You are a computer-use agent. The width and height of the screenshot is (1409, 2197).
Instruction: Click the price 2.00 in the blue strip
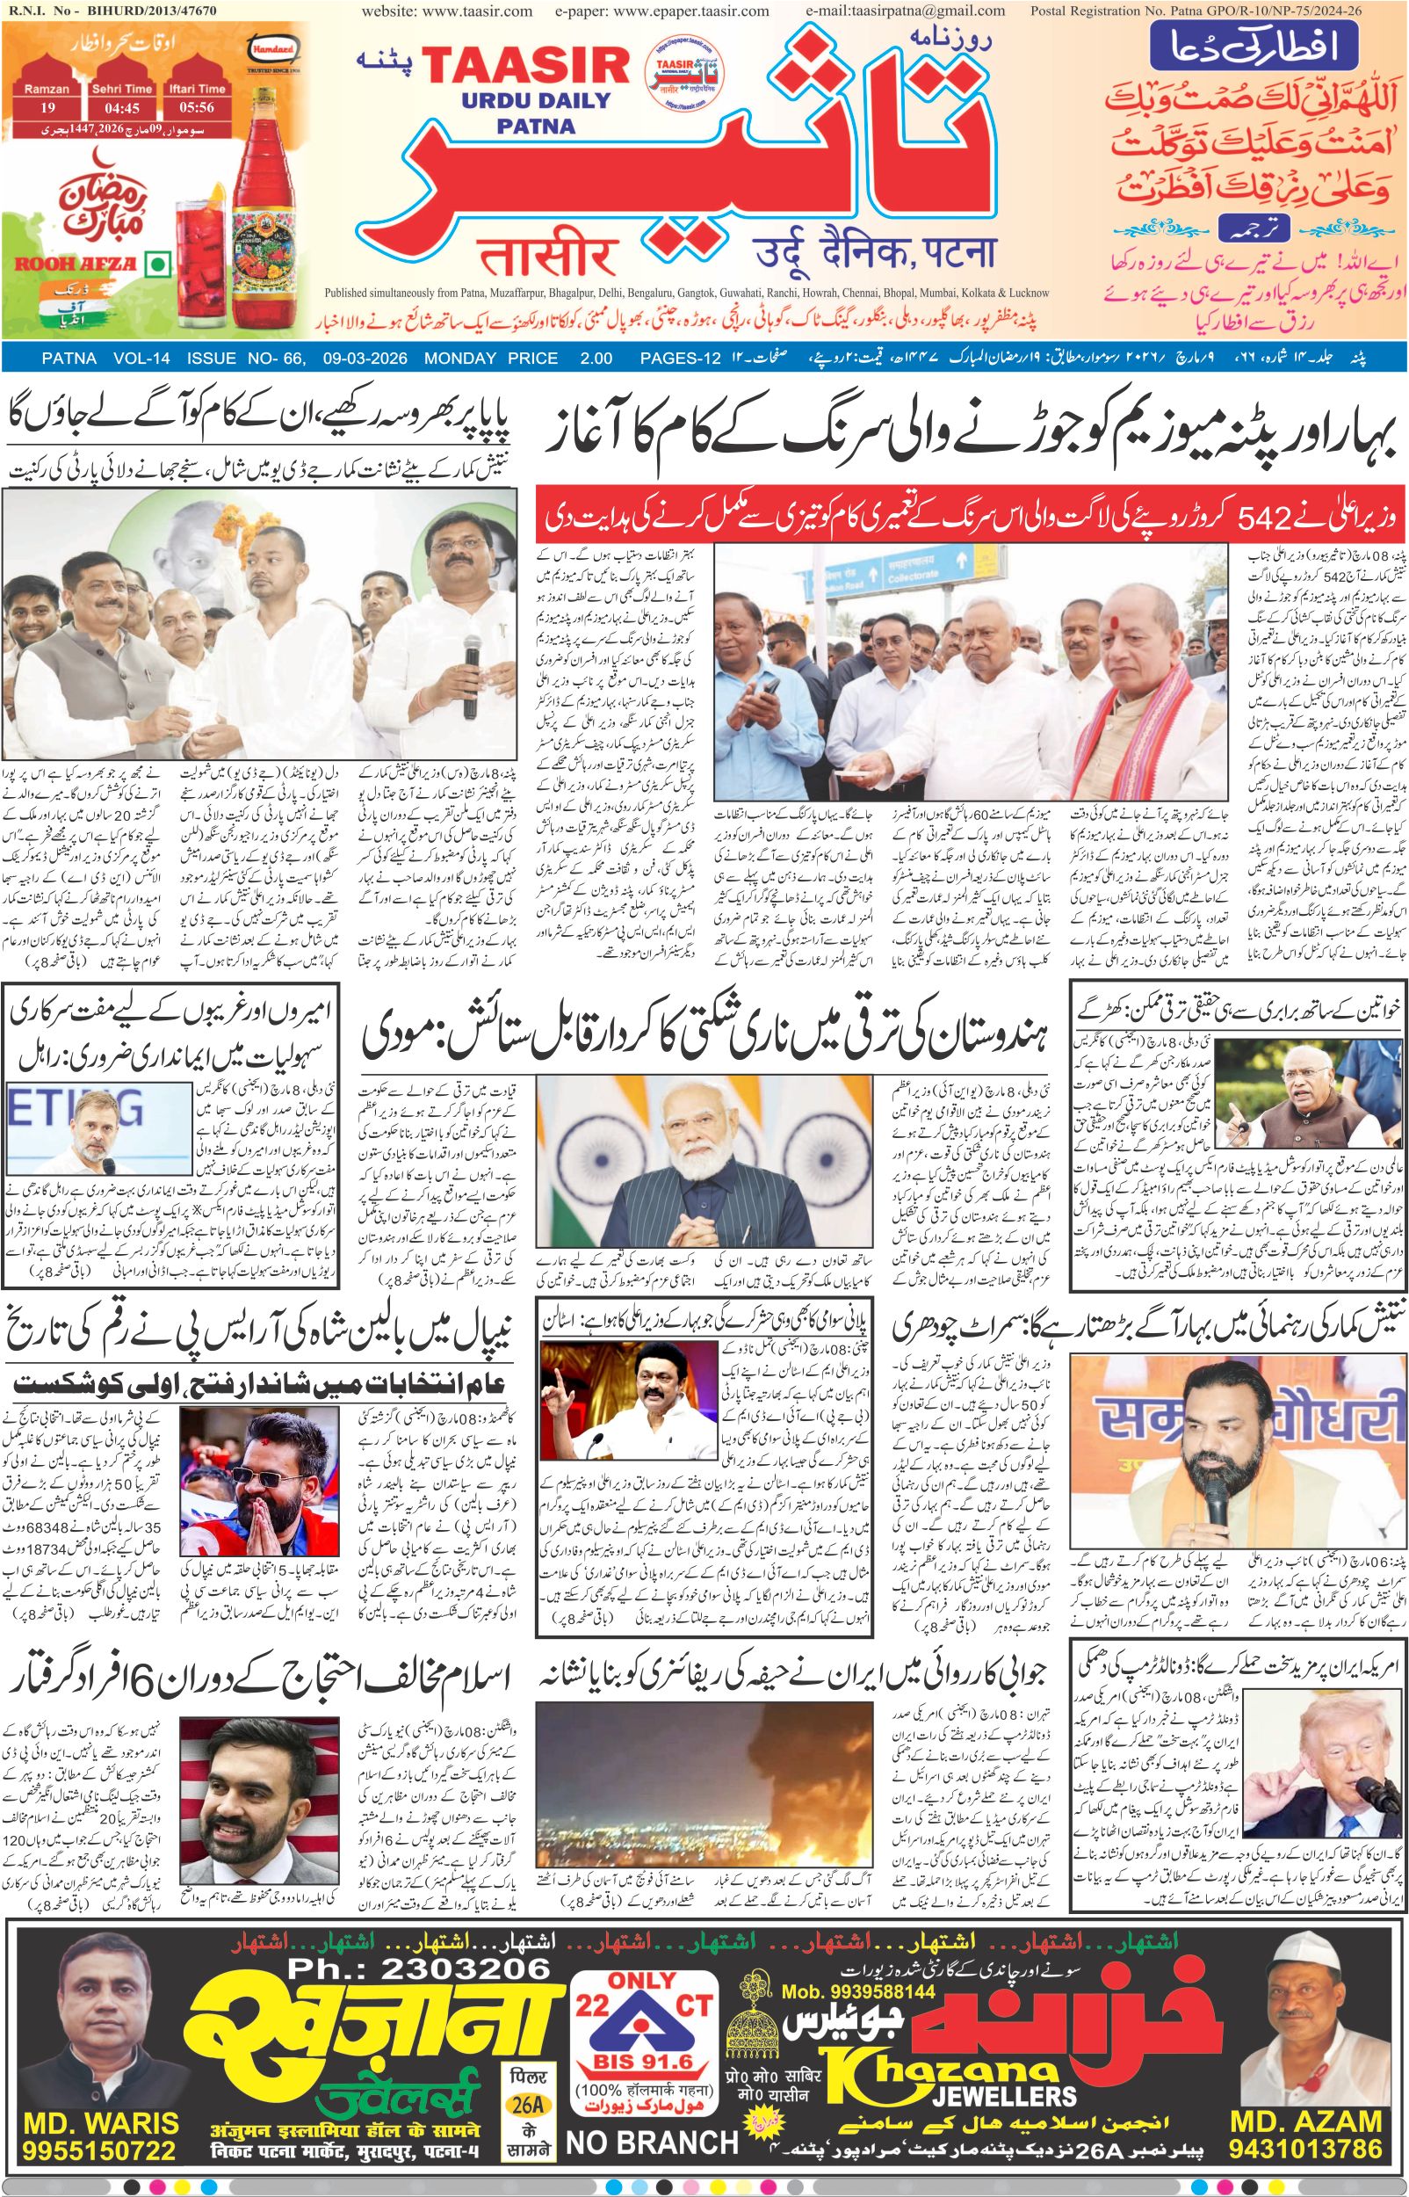[596, 358]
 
